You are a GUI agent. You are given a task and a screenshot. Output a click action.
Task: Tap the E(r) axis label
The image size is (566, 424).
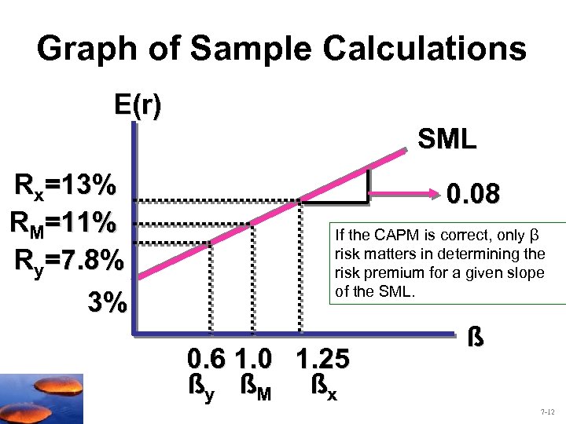[x=138, y=105]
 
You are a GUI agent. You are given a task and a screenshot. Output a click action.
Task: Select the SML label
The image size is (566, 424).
[x=447, y=140]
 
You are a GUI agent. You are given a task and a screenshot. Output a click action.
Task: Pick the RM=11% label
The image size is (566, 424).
[x=64, y=223]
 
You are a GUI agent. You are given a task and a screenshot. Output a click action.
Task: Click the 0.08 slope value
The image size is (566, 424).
[x=472, y=193]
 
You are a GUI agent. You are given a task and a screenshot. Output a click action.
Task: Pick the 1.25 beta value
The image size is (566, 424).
[x=323, y=360]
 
